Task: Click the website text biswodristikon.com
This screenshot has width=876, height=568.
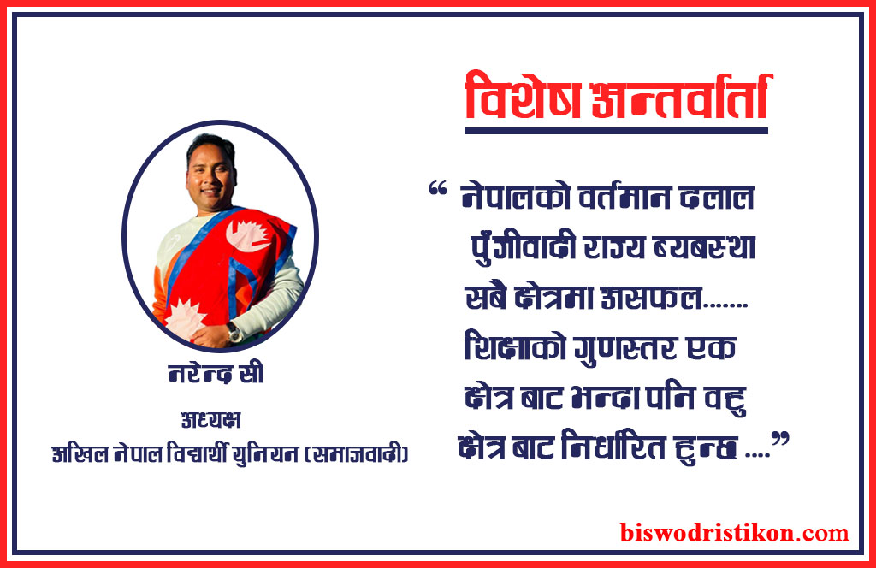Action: pos(734,532)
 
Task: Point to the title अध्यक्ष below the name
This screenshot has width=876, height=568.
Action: pos(211,419)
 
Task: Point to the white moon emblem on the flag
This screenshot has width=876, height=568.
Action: pos(249,235)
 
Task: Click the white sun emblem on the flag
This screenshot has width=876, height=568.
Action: pos(185,318)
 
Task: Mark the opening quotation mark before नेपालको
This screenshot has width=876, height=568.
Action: pos(437,189)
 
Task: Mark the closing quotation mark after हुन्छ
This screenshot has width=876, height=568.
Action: pos(780,439)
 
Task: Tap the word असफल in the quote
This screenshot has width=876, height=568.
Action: pos(651,297)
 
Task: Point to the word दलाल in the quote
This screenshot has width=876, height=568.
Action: pos(717,197)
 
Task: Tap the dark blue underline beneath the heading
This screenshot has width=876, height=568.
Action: pos(617,131)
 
